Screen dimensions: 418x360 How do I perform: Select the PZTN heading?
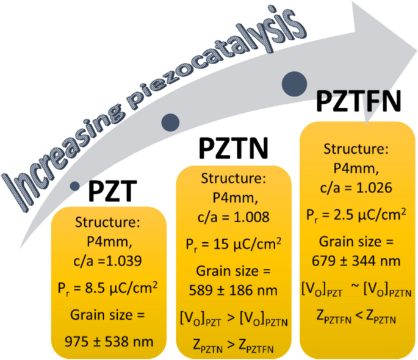click(235, 149)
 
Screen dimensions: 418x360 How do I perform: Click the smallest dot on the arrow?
click(75, 185)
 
